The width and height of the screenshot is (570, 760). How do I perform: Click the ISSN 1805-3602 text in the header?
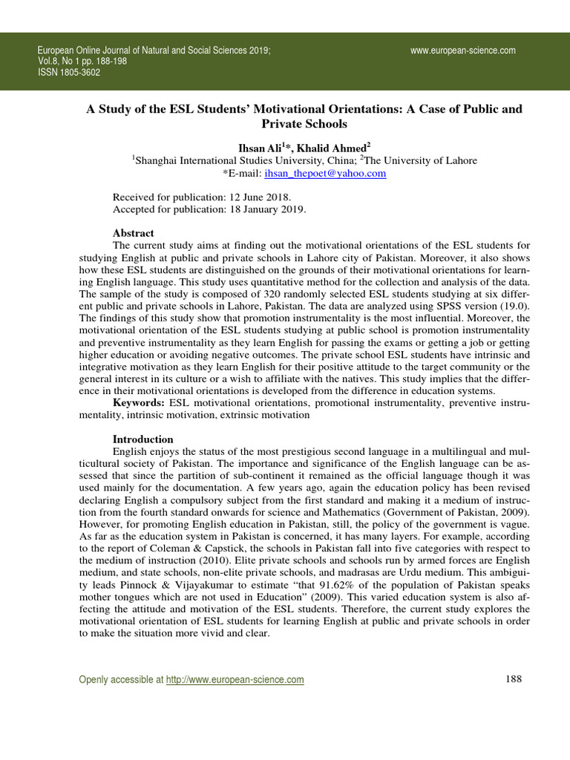(x=69, y=73)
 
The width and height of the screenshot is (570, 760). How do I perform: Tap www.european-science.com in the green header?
(x=462, y=50)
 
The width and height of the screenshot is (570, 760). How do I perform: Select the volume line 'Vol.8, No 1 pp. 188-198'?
(x=82, y=62)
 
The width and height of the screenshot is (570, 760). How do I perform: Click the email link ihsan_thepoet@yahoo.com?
(x=326, y=173)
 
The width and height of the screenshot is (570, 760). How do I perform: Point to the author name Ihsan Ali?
(x=261, y=148)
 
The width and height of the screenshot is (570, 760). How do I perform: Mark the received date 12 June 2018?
(x=261, y=197)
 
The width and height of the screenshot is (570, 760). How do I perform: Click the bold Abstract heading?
(x=134, y=233)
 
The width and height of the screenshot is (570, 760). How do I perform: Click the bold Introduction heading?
(x=143, y=439)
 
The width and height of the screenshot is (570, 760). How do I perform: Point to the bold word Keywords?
(x=139, y=403)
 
